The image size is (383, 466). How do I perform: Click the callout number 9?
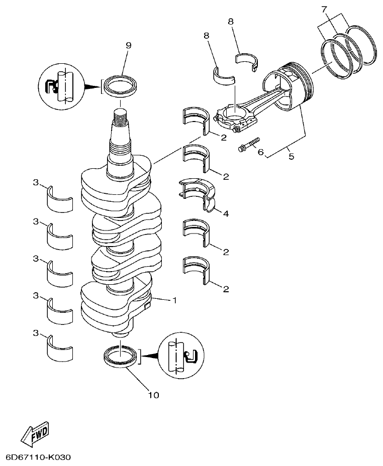coord(128,46)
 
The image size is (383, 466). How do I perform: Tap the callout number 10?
coord(153,395)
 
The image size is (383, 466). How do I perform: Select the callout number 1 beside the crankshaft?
coord(174,301)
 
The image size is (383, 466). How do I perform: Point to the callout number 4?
coord(226,213)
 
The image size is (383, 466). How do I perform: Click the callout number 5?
coord(291,156)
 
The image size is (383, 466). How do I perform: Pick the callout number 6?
coord(260,152)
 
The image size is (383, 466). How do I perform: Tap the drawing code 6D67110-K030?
coord(38,457)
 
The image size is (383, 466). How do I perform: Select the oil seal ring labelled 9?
coord(121,85)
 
